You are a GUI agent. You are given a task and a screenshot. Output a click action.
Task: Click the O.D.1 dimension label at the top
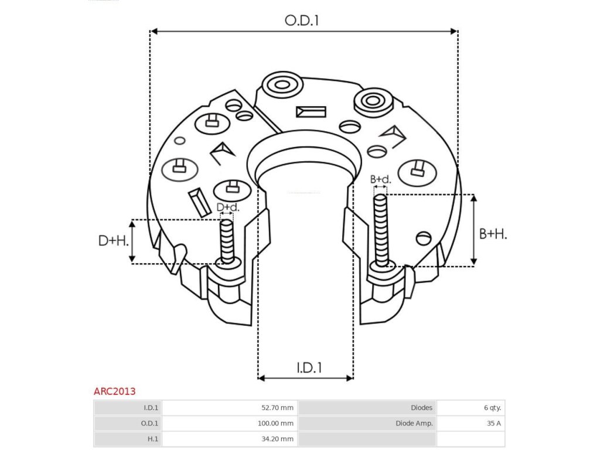302,21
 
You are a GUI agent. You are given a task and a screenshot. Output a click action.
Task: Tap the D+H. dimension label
113,240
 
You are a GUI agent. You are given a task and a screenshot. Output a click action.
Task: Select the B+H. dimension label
493,234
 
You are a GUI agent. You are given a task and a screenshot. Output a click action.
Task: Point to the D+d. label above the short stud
228,207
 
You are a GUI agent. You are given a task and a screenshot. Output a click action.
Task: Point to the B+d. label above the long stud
380,179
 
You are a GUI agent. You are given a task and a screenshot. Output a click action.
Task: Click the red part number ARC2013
114,391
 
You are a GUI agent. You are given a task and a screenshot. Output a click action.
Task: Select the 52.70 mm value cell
278,408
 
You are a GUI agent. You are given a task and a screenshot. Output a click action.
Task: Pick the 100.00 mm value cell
276,423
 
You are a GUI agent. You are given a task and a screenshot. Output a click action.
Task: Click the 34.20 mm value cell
278,438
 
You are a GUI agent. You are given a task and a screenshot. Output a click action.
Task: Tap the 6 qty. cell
491,408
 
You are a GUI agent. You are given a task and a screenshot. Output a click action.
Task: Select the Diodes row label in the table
421,408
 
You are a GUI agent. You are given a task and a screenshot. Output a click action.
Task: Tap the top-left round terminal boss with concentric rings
282,85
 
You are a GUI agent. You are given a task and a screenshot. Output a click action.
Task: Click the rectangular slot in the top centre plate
311,111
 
